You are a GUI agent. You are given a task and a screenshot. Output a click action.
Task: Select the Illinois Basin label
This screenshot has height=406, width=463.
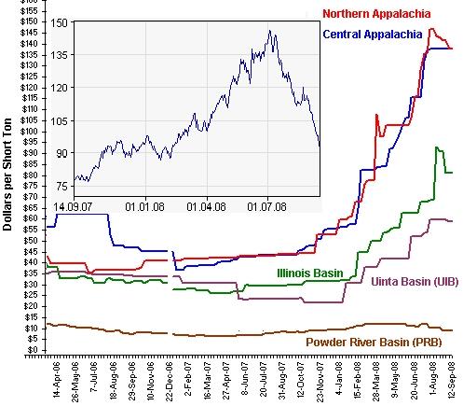pos(310,273)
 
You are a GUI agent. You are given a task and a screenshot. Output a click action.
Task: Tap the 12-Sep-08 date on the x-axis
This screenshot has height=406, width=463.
pos(452,379)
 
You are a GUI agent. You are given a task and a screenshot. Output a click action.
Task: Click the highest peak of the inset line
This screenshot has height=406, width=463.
pos(270,31)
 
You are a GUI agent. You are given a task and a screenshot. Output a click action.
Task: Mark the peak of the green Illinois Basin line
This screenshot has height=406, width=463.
pos(437,147)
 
